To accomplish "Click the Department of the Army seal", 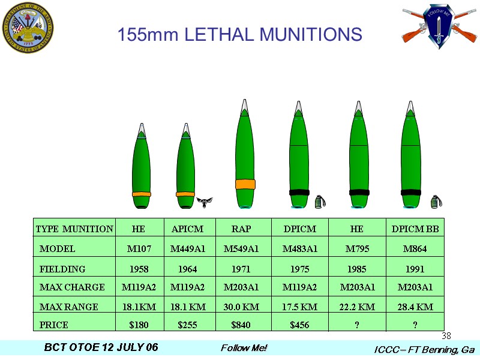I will click(x=28, y=28).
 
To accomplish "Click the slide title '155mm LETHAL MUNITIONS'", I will click(x=239, y=34).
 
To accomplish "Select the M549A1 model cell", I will click(x=241, y=248).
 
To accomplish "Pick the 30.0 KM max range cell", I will click(x=241, y=307).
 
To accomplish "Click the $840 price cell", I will click(x=241, y=325).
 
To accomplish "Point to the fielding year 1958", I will click(x=139, y=269).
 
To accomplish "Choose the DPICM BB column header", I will click(x=415, y=229).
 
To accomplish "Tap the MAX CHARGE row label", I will click(x=72, y=287).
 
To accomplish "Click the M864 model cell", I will click(x=415, y=248).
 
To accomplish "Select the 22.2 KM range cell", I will click(x=357, y=307).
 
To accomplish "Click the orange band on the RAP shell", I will click(x=245, y=184).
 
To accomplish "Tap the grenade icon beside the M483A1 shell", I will click(x=319, y=201).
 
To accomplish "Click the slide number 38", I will click(x=446, y=335).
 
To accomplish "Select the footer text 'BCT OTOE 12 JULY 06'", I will click(x=101, y=348).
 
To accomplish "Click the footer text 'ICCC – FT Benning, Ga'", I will click(x=424, y=349).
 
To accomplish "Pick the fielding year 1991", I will click(x=415, y=269).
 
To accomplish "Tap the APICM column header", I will click(x=187, y=229).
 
